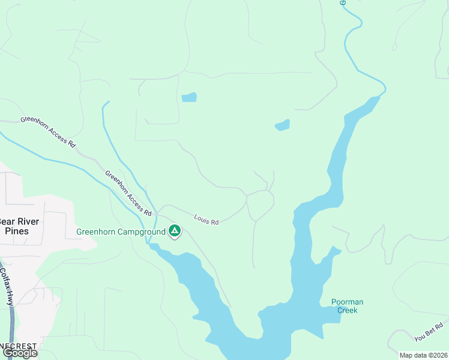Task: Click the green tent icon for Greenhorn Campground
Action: pos(175,230)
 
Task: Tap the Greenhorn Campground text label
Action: pos(120,232)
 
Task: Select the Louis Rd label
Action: pos(206,220)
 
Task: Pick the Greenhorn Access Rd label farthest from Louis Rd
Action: pos(48,131)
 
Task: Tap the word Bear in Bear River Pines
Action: pos(8,221)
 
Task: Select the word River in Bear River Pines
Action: pos(29,221)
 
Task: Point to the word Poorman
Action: pos(347,302)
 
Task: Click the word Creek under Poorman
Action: pos(347,310)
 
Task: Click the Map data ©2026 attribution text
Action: pos(423,355)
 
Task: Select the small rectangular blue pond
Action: pos(188,97)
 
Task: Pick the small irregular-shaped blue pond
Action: pos(282,125)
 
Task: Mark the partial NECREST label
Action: pos(18,346)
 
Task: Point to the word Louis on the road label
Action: pos(202,218)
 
